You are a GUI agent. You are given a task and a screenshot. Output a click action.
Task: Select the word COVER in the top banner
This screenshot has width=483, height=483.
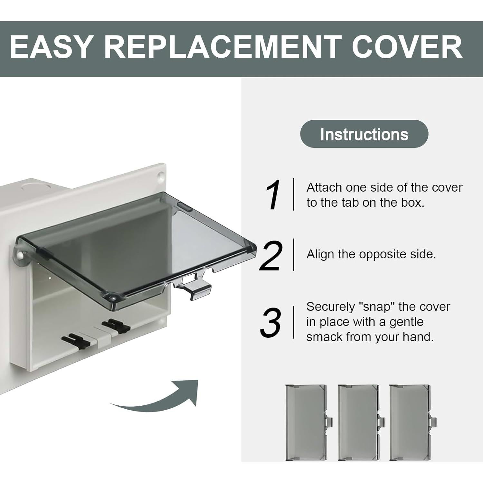coord(407,47)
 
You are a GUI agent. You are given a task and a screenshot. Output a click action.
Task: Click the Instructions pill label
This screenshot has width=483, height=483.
coord(364,134)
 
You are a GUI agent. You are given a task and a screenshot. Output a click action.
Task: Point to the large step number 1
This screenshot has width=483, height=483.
coord(273,195)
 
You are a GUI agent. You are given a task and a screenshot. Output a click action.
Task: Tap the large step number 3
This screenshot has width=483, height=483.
coord(270,322)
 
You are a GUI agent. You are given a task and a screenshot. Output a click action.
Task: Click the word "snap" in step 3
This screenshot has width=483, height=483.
coord(377,307)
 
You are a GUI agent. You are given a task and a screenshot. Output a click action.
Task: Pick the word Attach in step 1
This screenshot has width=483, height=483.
coord(324,187)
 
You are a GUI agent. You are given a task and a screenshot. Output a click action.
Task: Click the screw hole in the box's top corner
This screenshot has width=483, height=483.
coord(160,176)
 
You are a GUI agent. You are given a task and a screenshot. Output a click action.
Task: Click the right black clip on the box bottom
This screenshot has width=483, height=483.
coord(115,326)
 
